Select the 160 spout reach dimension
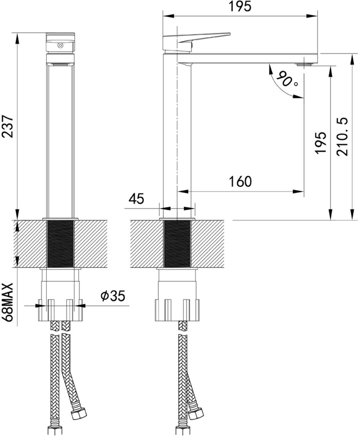tap(240, 181)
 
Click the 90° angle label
tap(287, 80)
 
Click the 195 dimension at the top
tap(240, 7)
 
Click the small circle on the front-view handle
tap(60, 45)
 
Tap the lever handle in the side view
tap(204, 37)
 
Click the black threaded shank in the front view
tap(60, 244)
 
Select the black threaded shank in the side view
tap(177, 244)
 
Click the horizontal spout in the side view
tap(248, 58)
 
